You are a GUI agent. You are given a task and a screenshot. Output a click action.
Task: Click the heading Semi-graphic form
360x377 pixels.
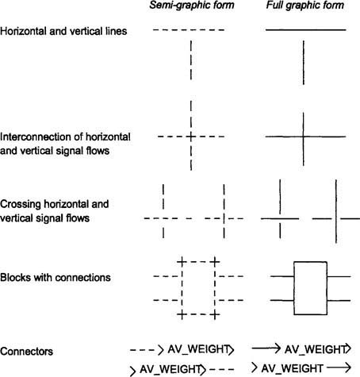[192, 6]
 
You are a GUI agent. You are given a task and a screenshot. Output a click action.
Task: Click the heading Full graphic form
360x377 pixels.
[305, 6]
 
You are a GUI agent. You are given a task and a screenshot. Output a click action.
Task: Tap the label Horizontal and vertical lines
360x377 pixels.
[63, 31]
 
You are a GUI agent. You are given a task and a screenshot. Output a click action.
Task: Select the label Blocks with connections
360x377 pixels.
[56, 278]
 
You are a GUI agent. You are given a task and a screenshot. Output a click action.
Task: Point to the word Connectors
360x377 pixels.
[26, 352]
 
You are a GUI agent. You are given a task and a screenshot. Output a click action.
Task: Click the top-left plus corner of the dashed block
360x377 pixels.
[182, 262]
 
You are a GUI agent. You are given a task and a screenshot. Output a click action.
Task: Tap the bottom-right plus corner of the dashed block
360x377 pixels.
[215, 315]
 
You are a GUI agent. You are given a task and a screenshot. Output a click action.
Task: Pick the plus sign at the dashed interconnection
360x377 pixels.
[191, 137]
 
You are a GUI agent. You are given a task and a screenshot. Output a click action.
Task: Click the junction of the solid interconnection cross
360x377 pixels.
[304, 137]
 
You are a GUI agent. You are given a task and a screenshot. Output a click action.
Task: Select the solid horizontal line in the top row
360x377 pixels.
[306, 30]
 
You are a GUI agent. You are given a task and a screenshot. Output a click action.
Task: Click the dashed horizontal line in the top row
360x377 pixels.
[189, 30]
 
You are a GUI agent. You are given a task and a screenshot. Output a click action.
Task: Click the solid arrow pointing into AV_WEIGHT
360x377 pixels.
[266, 348]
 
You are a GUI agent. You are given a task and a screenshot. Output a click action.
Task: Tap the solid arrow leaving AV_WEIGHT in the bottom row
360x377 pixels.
[339, 367]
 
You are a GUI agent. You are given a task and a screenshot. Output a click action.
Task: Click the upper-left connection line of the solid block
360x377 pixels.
[282, 276]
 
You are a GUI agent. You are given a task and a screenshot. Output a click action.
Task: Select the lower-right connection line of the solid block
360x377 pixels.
[339, 301]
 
